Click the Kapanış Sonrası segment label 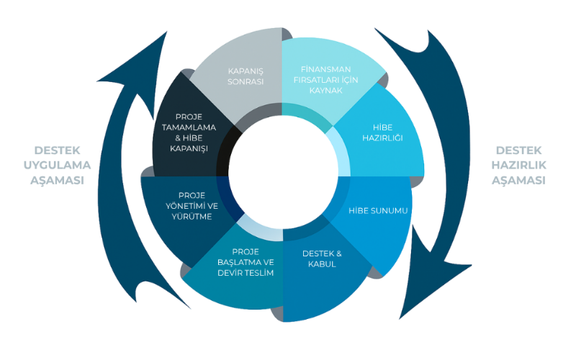[x=246, y=76]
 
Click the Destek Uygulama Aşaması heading [x=58, y=165]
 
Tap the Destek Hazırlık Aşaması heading [x=518, y=165]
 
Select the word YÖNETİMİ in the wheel [x=189, y=205]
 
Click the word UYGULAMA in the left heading [x=58, y=165]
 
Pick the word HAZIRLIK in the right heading [x=518, y=165]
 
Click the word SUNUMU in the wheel [x=392, y=211]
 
